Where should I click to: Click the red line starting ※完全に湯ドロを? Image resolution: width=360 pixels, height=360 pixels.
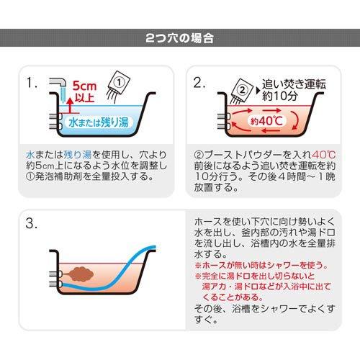coord(264,276)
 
